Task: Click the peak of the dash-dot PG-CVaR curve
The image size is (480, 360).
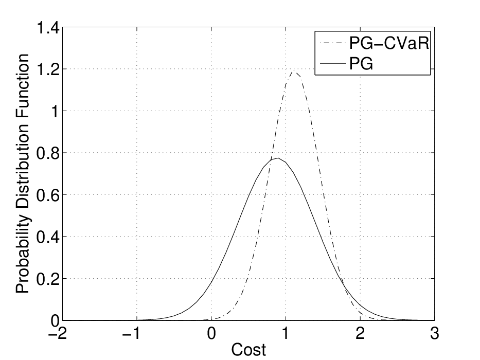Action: point(294,71)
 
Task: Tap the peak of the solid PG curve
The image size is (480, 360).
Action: point(278,158)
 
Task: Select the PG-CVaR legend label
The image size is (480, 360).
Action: point(389,44)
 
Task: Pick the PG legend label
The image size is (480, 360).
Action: point(361,64)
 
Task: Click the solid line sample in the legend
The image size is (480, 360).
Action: point(333,64)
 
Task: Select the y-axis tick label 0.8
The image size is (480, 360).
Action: point(48,153)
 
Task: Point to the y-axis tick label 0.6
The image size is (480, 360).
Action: point(48,195)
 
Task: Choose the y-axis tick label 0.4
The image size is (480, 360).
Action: point(48,237)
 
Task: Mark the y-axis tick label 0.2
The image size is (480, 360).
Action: point(48,279)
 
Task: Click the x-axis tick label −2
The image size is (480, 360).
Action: point(58,333)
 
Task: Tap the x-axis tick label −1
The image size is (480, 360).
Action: point(132,333)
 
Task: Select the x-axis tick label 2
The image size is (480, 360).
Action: point(360,333)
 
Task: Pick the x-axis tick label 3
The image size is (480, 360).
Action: point(434,333)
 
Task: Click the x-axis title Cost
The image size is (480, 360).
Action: point(248,350)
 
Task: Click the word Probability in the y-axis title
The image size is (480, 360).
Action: point(23,254)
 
